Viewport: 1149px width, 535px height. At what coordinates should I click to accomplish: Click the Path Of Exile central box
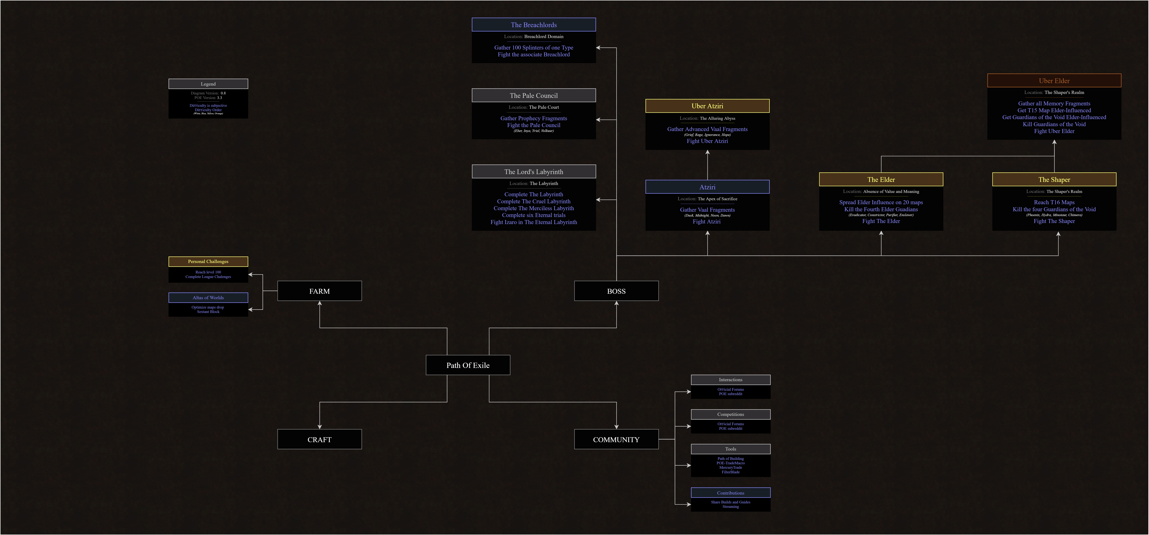(x=468, y=365)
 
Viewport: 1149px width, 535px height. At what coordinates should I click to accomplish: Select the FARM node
(x=319, y=291)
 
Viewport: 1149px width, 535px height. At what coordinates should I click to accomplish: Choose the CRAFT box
(x=319, y=440)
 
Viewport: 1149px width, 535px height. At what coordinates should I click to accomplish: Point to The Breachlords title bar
(x=533, y=25)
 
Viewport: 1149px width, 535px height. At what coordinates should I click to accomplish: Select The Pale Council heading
(x=533, y=95)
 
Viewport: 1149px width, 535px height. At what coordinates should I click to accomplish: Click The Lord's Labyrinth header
(x=533, y=172)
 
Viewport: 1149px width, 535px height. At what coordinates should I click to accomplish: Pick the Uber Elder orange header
(x=1054, y=81)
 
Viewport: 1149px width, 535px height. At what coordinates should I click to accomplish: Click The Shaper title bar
(x=1054, y=180)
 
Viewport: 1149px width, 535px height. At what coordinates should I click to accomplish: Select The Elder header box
(x=881, y=180)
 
